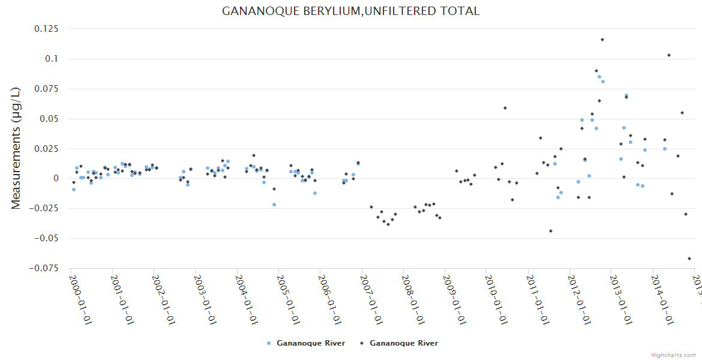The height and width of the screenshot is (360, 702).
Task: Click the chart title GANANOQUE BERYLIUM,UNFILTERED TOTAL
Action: click(350, 11)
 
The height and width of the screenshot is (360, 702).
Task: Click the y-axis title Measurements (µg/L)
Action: click(16, 148)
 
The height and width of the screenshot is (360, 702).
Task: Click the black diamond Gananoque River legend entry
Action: click(399, 343)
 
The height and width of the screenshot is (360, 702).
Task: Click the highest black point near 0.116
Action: click(602, 40)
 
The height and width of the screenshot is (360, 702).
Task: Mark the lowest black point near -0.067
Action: click(689, 259)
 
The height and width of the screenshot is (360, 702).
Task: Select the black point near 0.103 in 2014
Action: click(669, 55)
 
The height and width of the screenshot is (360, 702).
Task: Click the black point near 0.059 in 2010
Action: click(505, 108)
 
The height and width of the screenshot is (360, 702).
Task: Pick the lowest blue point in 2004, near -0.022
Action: click(274, 205)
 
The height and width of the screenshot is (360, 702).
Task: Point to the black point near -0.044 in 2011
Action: click(551, 231)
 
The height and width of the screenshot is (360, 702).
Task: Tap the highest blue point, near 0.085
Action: click(599, 77)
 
